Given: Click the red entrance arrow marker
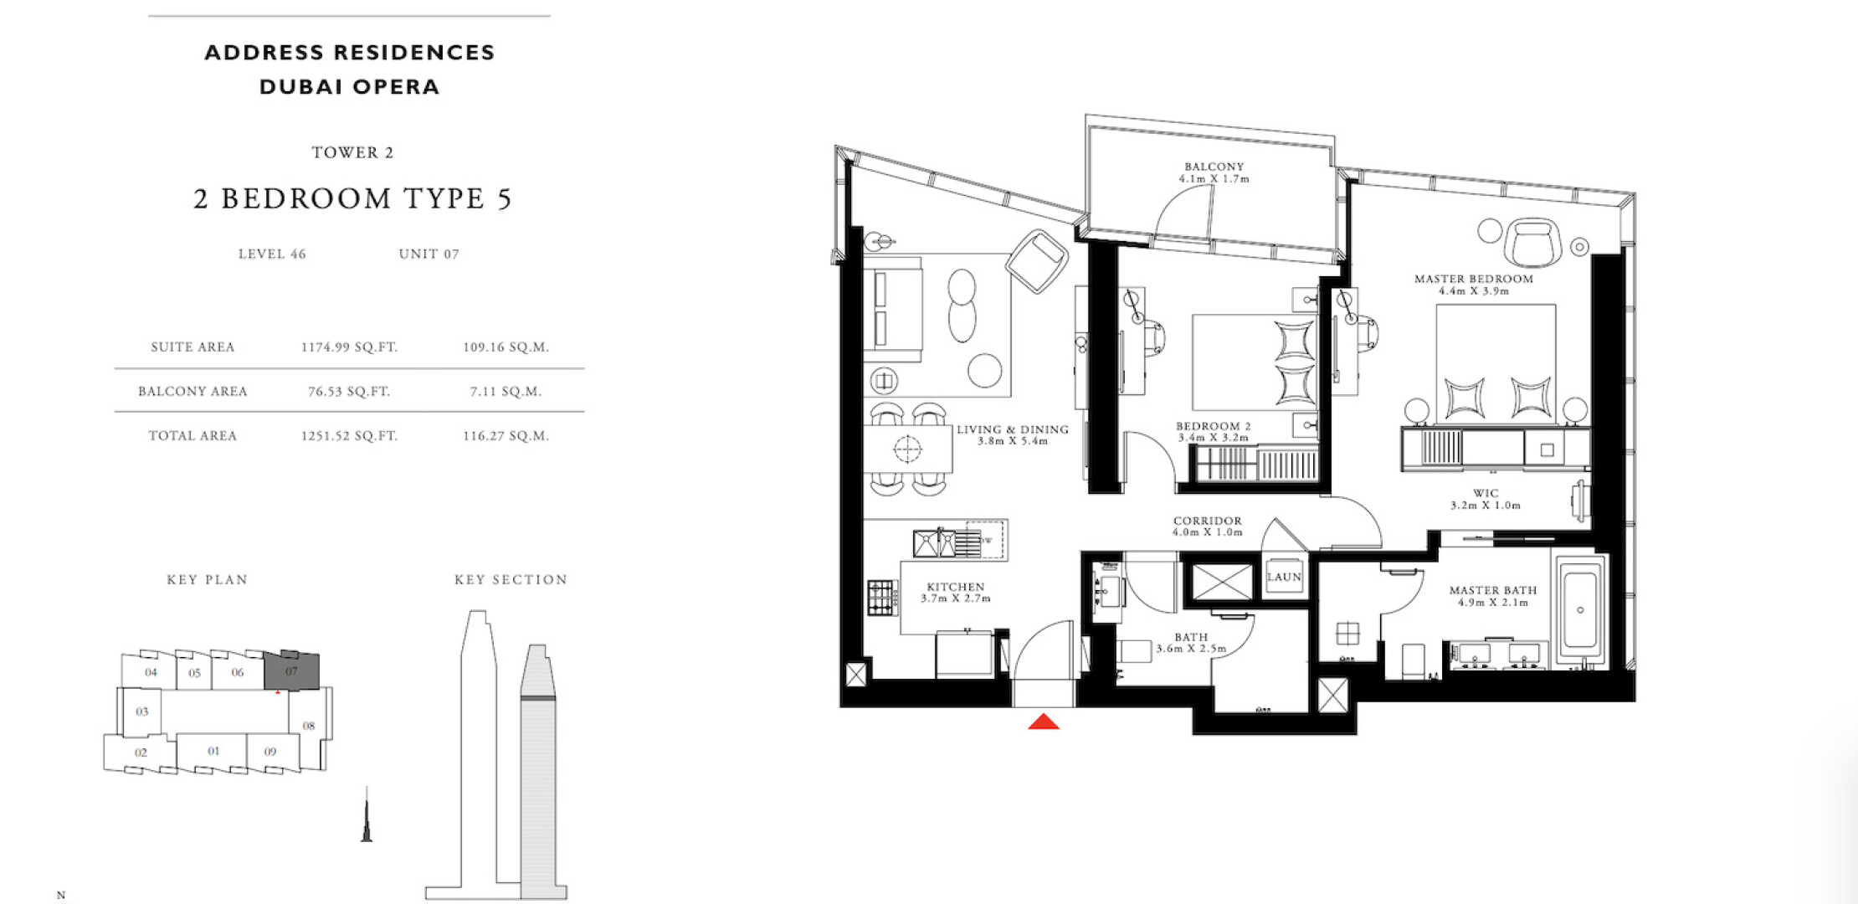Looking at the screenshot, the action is pos(1044,722).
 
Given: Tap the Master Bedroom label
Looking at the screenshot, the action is pos(1474,279).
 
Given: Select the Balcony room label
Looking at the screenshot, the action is pos(1214,167).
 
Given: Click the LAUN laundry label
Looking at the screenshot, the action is pos(1284,577).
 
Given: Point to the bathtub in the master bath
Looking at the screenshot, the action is pos(1580,610).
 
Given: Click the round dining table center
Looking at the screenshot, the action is pos(907,449).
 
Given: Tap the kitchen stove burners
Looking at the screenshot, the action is pos(882,598).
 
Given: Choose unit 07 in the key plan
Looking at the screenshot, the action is pos(291,670).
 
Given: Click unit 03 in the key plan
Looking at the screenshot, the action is pos(141,711).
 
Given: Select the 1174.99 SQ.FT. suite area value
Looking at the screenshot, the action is pos(349,347).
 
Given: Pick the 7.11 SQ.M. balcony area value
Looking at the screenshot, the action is pos(506,391).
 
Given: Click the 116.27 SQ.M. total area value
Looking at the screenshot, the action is pos(506,435).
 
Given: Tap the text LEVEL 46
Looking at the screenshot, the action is pos(272,254).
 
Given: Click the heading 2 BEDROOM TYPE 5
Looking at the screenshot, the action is pos(352,198).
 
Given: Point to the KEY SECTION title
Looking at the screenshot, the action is pos(511,579).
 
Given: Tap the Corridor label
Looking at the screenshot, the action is pos(1208,521).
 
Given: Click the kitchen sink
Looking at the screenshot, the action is pos(935,543).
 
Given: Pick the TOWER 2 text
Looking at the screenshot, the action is pos(352,152).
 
